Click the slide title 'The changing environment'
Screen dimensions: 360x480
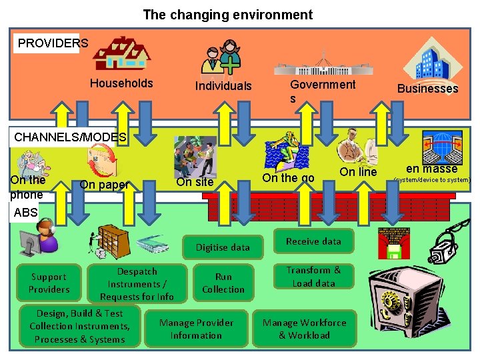tap(227, 15)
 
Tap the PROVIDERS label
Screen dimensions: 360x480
tap(53, 43)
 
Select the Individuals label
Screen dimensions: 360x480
tap(223, 86)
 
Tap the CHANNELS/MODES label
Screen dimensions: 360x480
tap(70, 137)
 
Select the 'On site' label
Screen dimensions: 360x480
tap(195, 182)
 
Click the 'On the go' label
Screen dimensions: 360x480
tap(288, 177)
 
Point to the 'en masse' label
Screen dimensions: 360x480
tap(431, 169)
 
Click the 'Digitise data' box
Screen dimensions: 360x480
tap(223, 247)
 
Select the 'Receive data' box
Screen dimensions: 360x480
tap(313, 241)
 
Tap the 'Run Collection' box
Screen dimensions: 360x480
tap(223, 283)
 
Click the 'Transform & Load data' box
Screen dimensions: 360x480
tap(313, 276)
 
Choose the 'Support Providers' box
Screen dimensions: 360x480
tap(49, 283)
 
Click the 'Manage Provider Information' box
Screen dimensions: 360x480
tap(196, 329)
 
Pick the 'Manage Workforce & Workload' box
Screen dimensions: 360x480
tap(304, 329)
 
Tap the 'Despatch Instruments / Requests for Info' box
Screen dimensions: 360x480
tap(137, 284)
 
